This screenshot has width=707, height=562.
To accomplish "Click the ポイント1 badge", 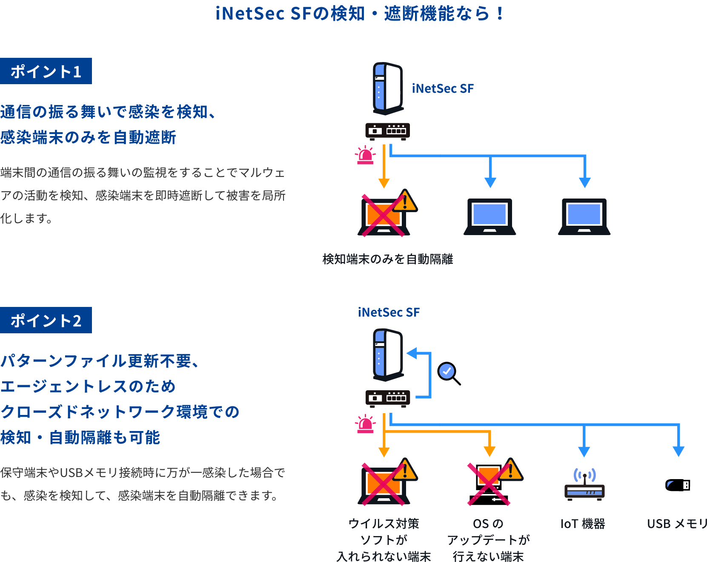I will [x=46, y=71].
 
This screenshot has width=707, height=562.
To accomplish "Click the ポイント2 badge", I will [x=46, y=320].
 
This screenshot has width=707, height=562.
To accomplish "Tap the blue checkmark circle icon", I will [x=447, y=371].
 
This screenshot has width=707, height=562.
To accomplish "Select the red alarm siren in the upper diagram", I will [x=365, y=156].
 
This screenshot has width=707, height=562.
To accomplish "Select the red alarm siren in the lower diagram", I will [x=365, y=424].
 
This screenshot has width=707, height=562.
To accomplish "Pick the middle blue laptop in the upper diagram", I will [x=489, y=216].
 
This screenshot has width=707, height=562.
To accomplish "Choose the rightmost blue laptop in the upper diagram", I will [x=584, y=216].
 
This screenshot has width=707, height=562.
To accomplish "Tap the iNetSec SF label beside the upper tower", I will [x=443, y=88].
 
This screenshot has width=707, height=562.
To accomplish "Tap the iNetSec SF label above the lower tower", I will [x=389, y=312].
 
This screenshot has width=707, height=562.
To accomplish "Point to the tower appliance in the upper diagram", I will [x=388, y=88].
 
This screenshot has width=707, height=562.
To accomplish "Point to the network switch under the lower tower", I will [x=388, y=398].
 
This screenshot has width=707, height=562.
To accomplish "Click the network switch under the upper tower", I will [x=388, y=131].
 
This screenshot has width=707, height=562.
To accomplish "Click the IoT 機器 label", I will [x=583, y=524].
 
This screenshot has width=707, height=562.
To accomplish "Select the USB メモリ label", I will [x=676, y=524].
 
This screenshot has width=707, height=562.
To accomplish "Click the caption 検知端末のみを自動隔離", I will [x=387, y=259].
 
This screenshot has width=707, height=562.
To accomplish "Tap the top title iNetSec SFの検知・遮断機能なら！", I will [x=360, y=14].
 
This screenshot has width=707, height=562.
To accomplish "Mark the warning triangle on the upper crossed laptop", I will [x=405, y=202].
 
